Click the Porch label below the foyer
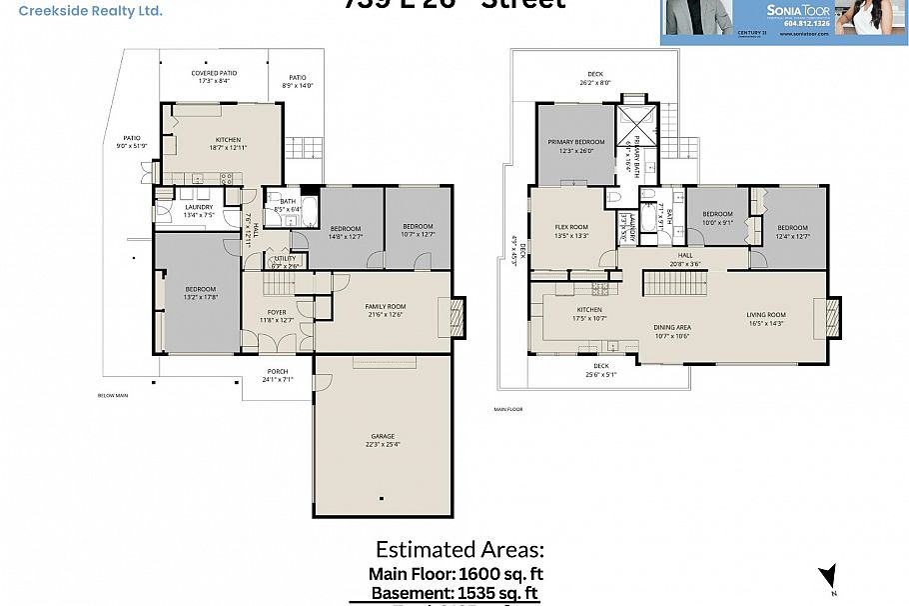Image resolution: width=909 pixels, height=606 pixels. coord(277,375)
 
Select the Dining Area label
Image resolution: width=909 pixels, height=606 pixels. coord(672,331)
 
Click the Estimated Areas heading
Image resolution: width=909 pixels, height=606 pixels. coord(459,550)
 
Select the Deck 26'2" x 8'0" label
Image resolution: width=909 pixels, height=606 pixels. coord(595,78)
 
